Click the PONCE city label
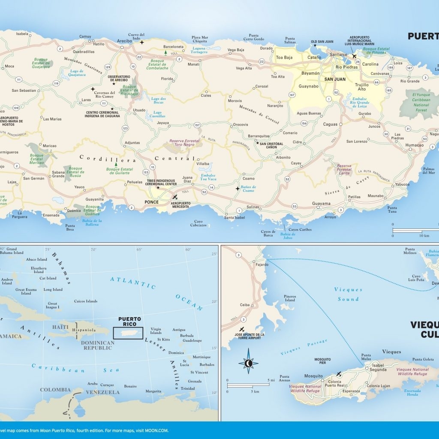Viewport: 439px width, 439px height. pos(151,202)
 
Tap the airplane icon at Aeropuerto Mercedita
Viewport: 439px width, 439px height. pos(174,197)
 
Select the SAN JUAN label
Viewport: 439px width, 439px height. pos(334,79)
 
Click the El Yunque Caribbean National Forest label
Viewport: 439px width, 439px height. pos(421,102)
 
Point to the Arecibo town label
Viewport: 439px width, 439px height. pos(124,41)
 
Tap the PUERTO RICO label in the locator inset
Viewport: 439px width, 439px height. pos(129,322)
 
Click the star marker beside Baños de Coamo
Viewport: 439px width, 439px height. pos(237,188)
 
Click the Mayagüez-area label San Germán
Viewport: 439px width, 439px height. pos(33,178)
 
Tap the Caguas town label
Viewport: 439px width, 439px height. pos(330,124)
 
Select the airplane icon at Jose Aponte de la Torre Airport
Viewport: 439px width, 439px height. pos(242,329)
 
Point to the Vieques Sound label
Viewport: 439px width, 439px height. pos(348,294)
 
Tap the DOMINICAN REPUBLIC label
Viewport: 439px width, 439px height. pos(98,346)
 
